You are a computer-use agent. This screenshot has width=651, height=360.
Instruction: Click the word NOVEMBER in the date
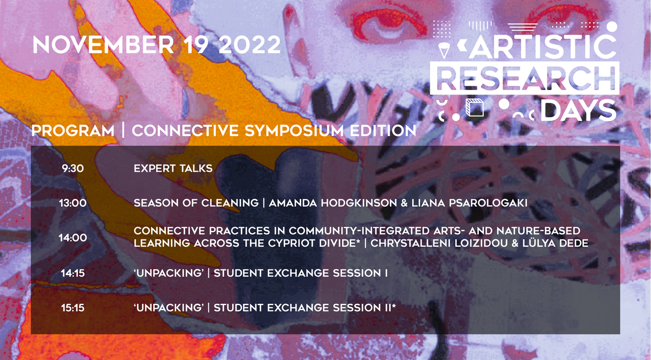(x=103, y=44)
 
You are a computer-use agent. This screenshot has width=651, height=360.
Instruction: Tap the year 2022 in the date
(x=250, y=44)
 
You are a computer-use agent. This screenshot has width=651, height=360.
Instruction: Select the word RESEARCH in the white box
(x=525, y=78)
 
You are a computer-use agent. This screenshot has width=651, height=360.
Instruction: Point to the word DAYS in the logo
(x=578, y=111)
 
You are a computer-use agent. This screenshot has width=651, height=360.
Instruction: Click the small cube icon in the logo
(x=474, y=108)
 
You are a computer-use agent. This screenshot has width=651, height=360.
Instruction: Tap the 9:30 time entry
(x=73, y=168)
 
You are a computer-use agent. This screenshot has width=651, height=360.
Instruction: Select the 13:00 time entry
(x=73, y=203)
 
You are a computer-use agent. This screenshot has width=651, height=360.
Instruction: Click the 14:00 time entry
(x=73, y=238)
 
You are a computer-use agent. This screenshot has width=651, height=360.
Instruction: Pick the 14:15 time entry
(x=73, y=273)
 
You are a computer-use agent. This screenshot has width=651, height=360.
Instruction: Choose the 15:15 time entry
(x=73, y=308)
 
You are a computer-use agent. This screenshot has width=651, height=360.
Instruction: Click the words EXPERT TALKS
(x=173, y=168)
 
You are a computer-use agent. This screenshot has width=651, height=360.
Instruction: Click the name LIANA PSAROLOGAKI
(x=469, y=203)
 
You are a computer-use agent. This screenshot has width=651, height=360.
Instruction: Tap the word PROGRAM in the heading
(x=73, y=131)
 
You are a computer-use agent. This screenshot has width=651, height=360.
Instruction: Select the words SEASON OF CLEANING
(x=196, y=203)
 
